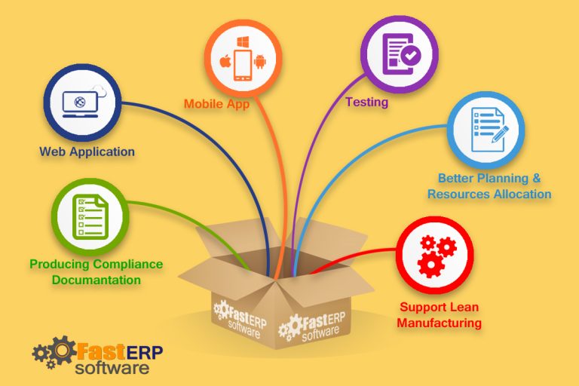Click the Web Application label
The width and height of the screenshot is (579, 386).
tap(87, 152)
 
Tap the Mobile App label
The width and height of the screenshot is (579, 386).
tap(216, 105)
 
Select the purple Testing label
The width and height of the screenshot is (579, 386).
tap(366, 102)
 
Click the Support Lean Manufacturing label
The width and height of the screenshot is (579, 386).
tap(440, 315)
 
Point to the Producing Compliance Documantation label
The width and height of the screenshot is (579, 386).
tap(96, 271)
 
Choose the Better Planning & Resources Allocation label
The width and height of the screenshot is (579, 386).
tap(489, 186)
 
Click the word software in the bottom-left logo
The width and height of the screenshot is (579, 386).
tap(112, 369)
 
